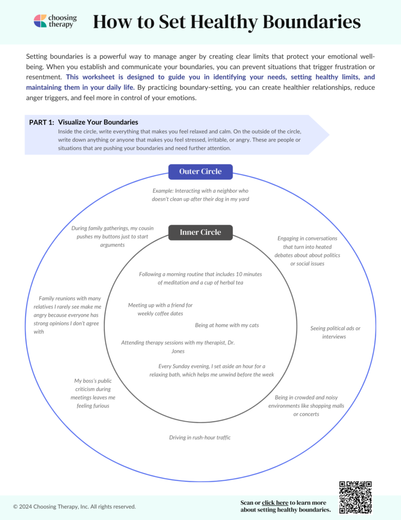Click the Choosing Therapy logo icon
pyautogui.click(x=40, y=21)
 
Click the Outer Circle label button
pyautogui.click(x=200, y=172)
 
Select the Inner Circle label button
pyautogui.click(x=200, y=232)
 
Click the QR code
pyautogui.click(x=355, y=497)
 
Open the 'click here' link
pyautogui.click(x=275, y=502)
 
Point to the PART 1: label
pyautogui.click(x=42, y=122)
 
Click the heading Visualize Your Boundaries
pyautogui.click(x=98, y=122)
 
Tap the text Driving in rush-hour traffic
pyautogui.click(x=199, y=438)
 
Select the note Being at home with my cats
pyautogui.click(x=227, y=325)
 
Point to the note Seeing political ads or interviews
pyautogui.click(x=335, y=332)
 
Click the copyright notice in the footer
pyautogui.click(x=74, y=506)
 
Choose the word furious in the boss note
pyautogui.click(x=93, y=406)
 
